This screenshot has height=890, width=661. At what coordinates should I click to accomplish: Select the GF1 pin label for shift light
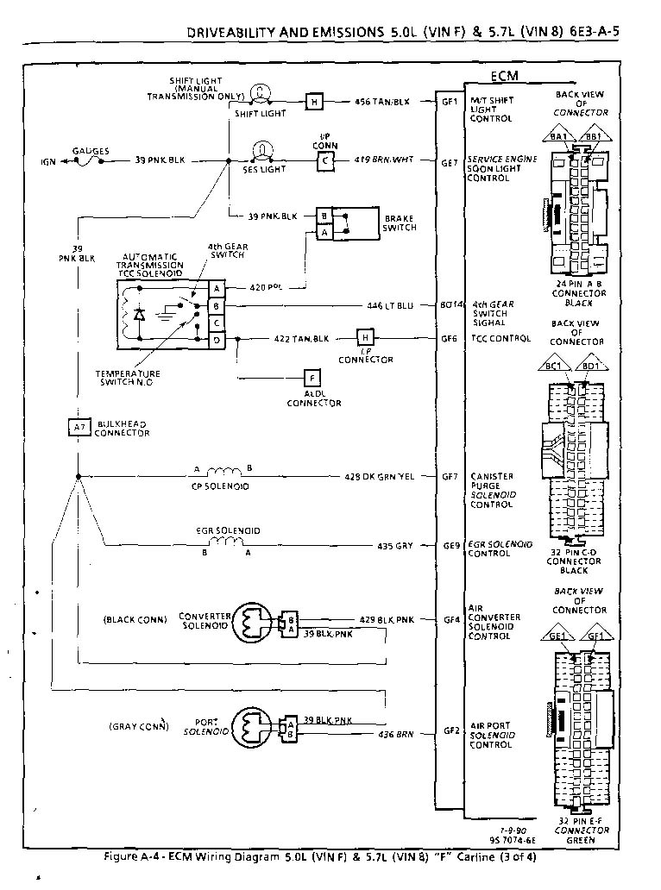[450, 101]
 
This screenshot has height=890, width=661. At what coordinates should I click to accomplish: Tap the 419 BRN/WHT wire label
[385, 160]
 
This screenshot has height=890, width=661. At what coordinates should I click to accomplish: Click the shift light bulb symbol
[257, 93]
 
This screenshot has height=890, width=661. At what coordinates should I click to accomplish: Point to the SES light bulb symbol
[257, 151]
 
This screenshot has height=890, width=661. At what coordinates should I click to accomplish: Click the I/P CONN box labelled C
[324, 160]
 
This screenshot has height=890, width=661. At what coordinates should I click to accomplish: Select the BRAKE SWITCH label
[400, 222]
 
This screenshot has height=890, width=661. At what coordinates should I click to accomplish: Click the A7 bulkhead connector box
[79, 426]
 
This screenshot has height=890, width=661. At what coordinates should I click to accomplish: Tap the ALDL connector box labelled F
[312, 377]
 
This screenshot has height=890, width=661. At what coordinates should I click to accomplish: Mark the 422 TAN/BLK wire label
[301, 338]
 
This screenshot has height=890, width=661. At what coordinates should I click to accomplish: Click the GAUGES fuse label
[91, 151]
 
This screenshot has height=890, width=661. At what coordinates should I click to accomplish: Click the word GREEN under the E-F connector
[578, 839]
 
